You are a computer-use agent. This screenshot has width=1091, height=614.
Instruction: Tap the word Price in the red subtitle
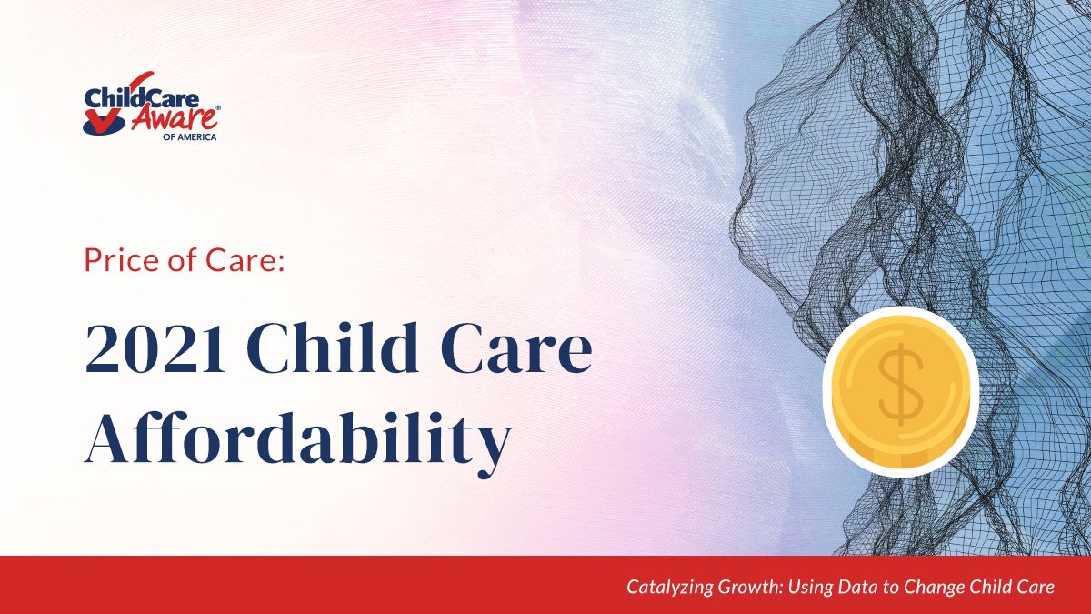coord(118,262)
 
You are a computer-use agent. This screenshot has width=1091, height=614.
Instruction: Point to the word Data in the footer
coord(850,588)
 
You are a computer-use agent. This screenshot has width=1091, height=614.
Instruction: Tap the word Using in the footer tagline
coord(806,588)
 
